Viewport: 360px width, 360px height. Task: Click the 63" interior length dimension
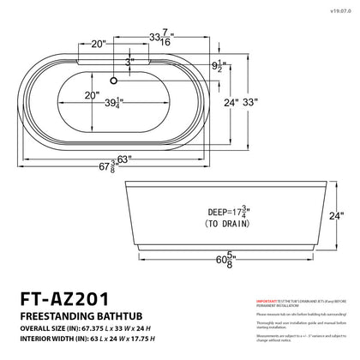tap(128, 158)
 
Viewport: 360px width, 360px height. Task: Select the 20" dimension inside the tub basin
tap(91, 95)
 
